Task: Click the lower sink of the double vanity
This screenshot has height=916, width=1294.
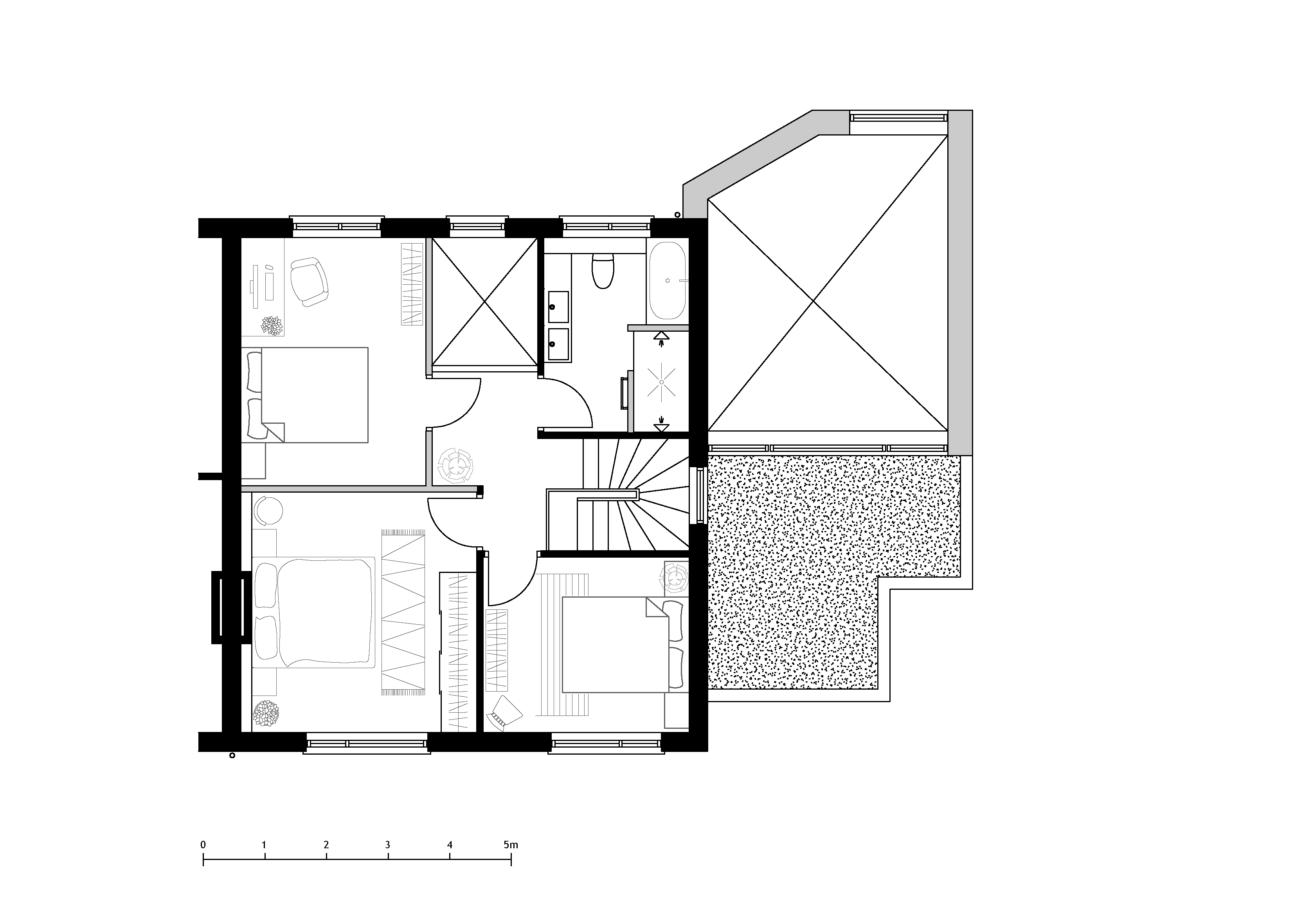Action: point(558,344)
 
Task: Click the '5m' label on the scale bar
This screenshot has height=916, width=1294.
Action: point(511,845)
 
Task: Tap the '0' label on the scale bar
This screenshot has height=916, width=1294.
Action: point(203,845)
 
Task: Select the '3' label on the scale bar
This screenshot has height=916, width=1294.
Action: point(388,845)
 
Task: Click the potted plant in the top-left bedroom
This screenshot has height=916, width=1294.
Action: point(273,326)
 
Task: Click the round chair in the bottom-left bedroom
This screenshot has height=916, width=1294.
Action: point(268,510)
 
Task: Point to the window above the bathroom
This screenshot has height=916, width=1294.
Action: point(608,224)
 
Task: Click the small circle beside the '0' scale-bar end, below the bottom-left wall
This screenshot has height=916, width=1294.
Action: point(232,755)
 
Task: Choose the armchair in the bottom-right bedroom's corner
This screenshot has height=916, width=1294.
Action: point(506,714)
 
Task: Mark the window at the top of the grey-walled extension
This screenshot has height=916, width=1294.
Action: point(899,117)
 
